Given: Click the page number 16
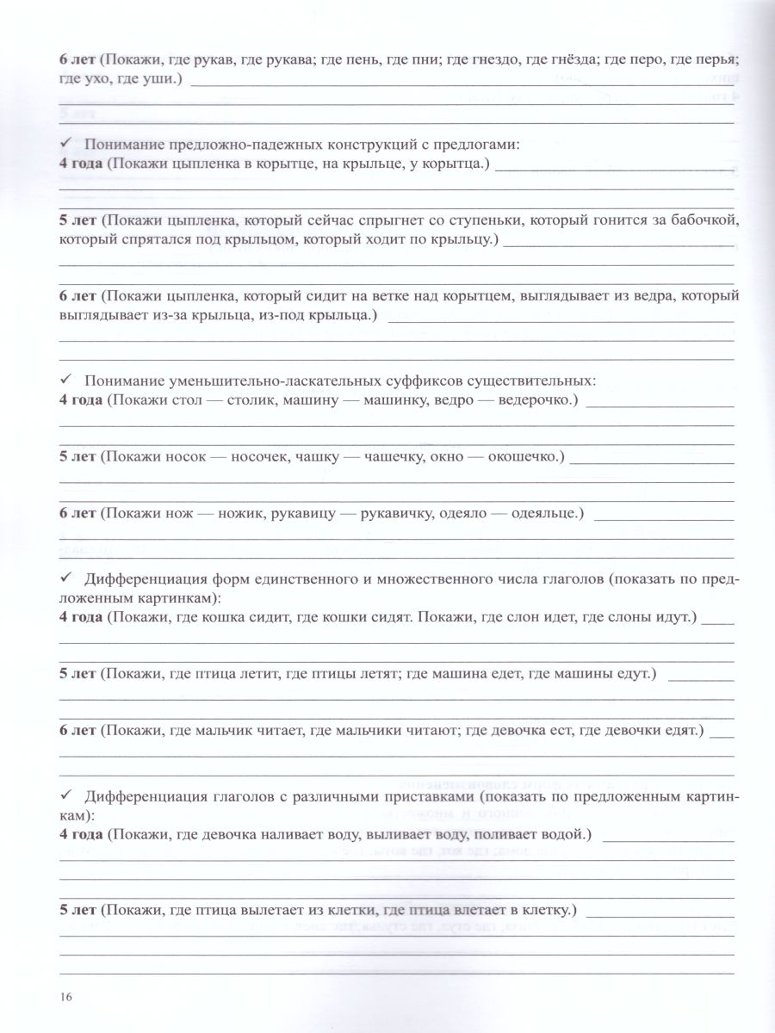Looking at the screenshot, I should (x=65, y=997).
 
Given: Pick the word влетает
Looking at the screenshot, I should (x=447, y=910).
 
